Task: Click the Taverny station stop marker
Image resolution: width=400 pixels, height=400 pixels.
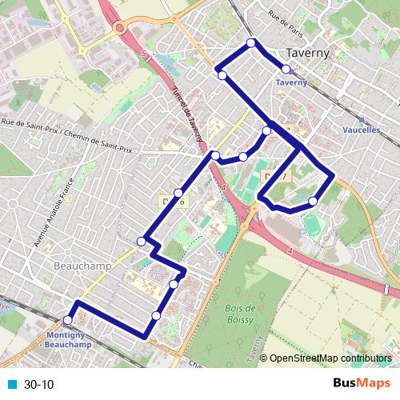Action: point(286,70)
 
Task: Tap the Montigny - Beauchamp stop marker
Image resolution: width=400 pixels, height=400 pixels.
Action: point(67,321)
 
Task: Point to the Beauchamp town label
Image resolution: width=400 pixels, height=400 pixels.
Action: point(78,264)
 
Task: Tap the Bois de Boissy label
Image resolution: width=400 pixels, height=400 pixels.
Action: point(239,313)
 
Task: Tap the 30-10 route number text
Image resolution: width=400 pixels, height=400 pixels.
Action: point(39,385)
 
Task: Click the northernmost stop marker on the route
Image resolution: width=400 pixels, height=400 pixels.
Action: point(251,42)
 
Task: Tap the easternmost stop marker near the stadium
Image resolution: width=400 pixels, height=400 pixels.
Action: point(313,201)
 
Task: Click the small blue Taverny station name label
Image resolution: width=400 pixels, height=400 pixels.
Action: point(291,82)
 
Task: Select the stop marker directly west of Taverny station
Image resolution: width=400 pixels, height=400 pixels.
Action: point(222,76)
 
